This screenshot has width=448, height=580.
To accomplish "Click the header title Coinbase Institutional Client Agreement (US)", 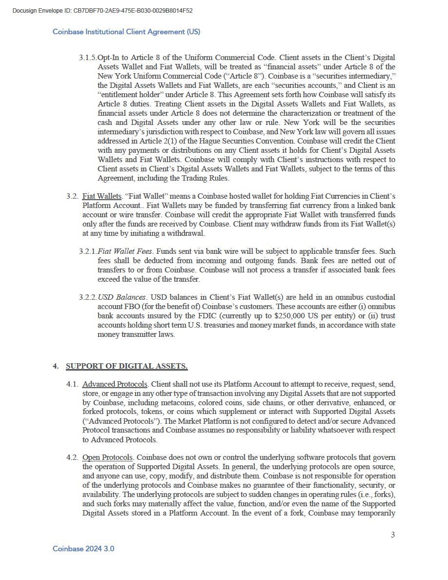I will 126,32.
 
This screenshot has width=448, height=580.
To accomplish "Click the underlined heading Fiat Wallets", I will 102,196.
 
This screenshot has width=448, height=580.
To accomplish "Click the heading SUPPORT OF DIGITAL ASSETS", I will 126,366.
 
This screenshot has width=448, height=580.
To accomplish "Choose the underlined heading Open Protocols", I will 107,457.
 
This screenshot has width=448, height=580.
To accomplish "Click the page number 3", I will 393,535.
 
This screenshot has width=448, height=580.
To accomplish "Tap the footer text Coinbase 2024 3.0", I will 83,549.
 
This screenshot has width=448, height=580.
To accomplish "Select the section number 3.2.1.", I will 87,251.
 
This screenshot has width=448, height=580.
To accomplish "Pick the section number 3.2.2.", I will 87,297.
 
